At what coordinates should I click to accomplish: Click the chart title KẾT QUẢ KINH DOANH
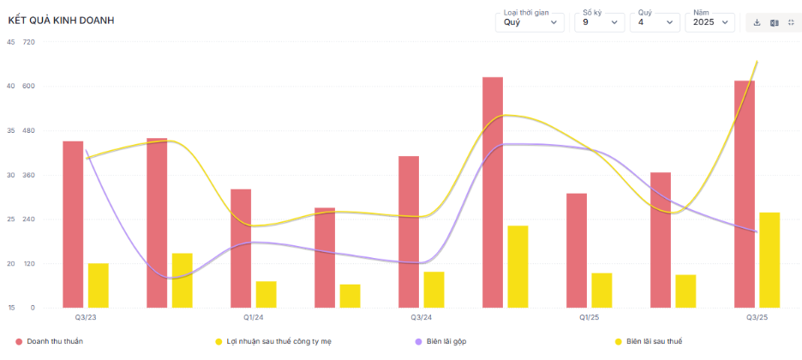(61, 20)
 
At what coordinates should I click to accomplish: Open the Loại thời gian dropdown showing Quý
(530, 21)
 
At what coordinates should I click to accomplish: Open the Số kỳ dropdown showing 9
(598, 21)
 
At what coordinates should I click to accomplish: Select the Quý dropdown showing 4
(654, 21)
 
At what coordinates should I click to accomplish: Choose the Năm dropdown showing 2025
(709, 21)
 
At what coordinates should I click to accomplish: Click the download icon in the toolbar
(757, 22)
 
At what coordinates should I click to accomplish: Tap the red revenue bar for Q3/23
(73, 224)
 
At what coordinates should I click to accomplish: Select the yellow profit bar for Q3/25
(769, 260)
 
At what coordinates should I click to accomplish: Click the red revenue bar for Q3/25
(745, 194)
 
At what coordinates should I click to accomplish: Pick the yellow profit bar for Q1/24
(266, 294)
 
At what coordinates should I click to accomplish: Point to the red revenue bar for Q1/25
(577, 250)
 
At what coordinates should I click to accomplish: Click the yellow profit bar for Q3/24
(434, 290)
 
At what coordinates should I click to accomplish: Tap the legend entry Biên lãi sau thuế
(654, 341)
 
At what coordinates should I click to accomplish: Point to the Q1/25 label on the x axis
(589, 317)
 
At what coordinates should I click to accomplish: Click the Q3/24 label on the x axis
(421, 317)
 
